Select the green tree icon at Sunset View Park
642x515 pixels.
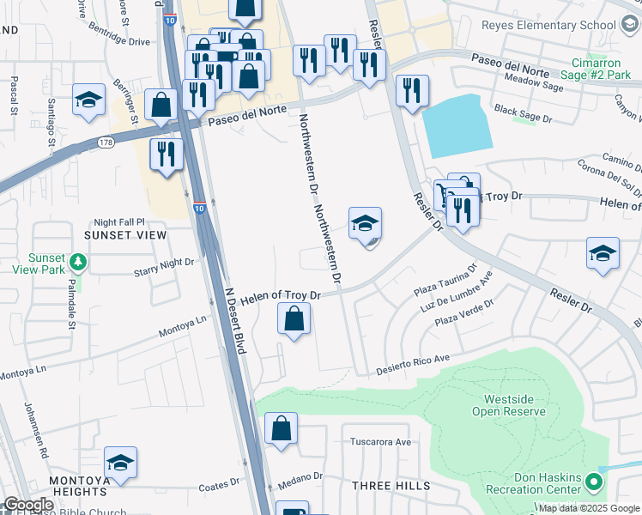tap(78, 258)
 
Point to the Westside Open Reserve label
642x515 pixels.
tap(514, 405)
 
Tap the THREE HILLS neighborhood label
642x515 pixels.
tap(391, 486)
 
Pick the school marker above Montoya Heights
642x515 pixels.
tap(121, 463)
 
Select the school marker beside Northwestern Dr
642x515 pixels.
tap(365, 225)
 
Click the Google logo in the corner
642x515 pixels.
tap(28, 505)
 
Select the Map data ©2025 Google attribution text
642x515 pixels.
tap(589, 508)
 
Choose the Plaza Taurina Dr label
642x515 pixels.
tap(445, 283)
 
